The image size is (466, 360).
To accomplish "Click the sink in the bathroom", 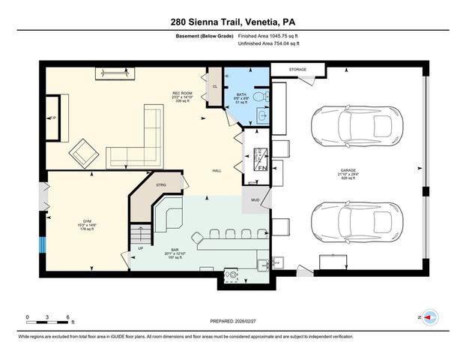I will pyautogui.click(x=261, y=116).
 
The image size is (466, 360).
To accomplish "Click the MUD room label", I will pyautogui.click(x=255, y=200).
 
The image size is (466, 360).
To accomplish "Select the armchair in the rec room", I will pyautogui.click(x=85, y=154).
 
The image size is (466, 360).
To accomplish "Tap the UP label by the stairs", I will pyautogui.click(x=140, y=248).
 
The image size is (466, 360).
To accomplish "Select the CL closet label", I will pyautogui.click(x=215, y=87).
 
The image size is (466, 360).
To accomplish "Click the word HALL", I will pyautogui.click(x=217, y=170).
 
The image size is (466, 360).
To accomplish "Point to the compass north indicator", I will pyautogui.click(x=428, y=317).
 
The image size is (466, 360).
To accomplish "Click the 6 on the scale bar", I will pyautogui.click(x=68, y=317).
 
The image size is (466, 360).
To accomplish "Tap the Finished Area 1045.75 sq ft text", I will pyautogui.click(x=269, y=35).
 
